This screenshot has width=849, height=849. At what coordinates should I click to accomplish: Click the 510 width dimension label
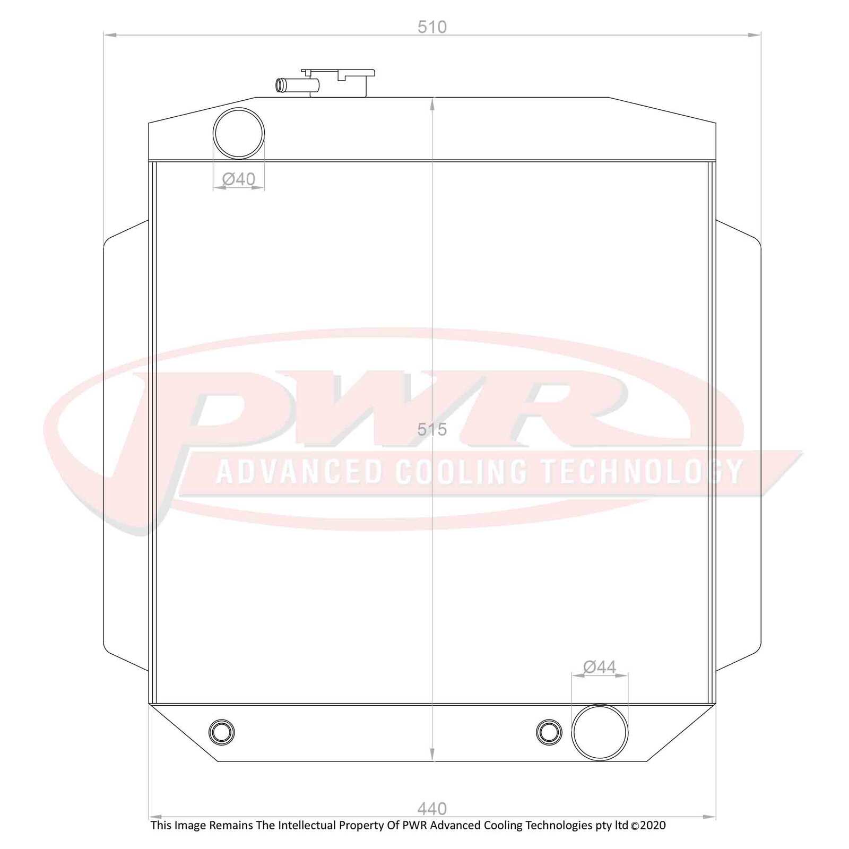tap(432, 27)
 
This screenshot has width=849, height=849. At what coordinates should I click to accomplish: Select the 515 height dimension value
tap(432, 429)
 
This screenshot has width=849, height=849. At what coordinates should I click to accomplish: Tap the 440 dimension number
tap(432, 809)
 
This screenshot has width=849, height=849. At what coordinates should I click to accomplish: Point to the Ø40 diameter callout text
tap(239, 179)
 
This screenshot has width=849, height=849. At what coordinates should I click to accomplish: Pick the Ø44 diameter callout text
tap(600, 667)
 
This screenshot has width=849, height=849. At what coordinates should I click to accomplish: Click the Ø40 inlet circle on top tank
tap(239, 133)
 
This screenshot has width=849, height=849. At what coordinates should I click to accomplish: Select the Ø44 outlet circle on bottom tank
tap(600, 732)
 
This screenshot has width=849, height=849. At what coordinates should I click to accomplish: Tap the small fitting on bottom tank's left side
tap(222, 732)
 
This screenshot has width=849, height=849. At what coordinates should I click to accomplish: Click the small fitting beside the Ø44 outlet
tap(549, 732)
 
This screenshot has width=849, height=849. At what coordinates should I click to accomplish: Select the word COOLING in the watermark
tap(461, 472)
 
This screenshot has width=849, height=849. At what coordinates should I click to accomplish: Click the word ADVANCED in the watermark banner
tap(299, 472)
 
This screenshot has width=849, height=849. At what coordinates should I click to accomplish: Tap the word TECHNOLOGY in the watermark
tap(642, 472)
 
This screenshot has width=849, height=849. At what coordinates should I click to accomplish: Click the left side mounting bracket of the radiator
tap(126, 446)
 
